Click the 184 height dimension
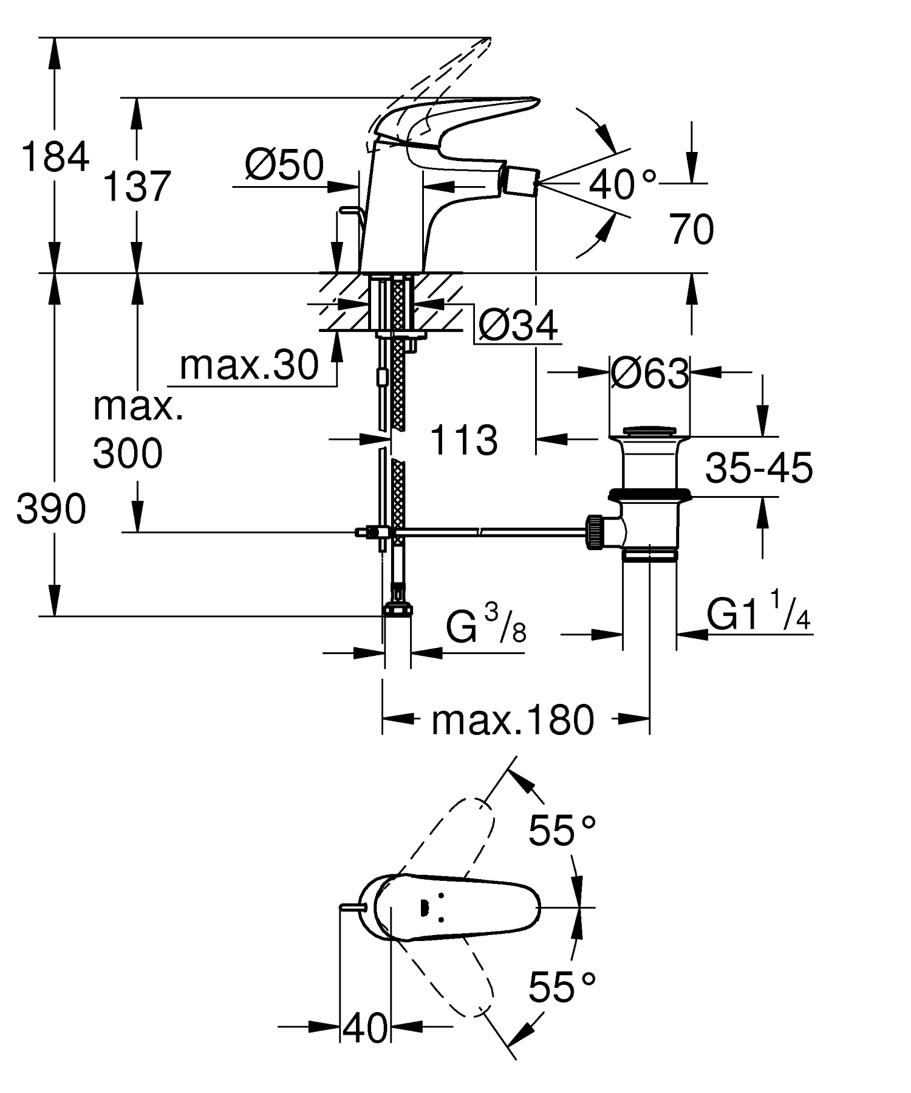55,157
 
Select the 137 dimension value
136,186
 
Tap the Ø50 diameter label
285,165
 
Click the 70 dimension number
692,229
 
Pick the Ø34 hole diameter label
517,326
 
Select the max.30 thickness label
249,365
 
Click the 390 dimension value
51,509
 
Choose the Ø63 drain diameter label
649,373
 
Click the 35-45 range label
759,468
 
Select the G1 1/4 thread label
759,616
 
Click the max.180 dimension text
512,720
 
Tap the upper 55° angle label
562,829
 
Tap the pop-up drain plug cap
649,431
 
